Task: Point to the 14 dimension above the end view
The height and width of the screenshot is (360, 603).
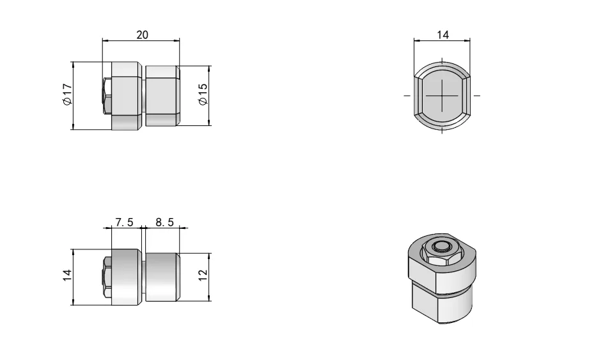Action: [442, 35]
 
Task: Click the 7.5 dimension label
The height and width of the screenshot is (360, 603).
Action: [124, 222]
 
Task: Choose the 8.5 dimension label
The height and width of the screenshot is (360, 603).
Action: [164, 222]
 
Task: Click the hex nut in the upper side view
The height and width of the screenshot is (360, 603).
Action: [107, 97]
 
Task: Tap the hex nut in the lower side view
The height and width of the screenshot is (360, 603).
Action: [107, 276]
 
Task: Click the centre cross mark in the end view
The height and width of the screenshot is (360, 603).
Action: [442, 95]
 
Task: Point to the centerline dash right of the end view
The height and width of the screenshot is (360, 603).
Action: [477, 95]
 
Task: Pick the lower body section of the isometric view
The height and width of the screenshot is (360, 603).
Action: [441, 304]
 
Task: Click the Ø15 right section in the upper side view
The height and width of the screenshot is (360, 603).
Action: [162, 95]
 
